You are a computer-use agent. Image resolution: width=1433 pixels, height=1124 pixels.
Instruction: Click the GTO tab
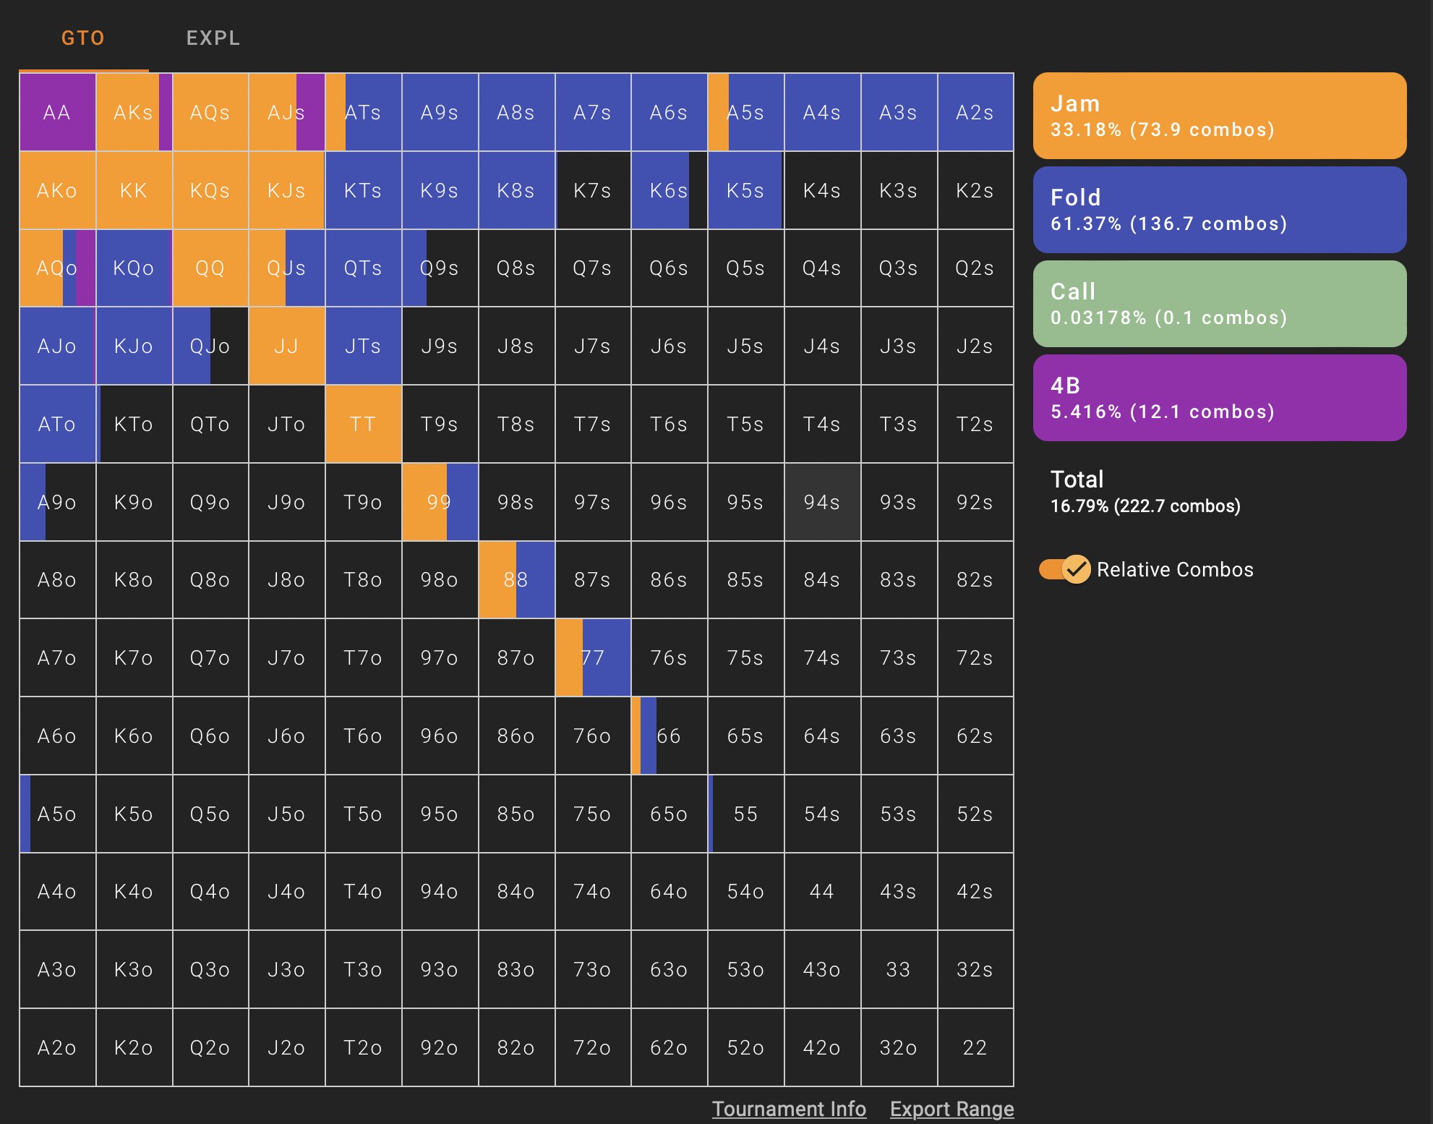83,38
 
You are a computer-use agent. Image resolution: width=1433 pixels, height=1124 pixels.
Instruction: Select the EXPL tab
213,38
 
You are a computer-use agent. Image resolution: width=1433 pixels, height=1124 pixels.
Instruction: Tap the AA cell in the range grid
57,113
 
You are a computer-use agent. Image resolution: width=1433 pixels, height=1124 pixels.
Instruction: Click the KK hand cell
134,191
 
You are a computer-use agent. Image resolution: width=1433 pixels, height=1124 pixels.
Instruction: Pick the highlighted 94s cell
822,502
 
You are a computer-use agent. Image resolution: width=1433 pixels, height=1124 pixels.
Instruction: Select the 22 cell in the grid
975,1047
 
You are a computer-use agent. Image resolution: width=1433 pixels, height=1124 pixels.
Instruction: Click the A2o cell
57,1047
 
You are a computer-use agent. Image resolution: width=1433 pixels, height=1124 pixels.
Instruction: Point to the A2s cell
975,113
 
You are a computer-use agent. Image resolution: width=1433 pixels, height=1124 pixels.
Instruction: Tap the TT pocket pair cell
363,424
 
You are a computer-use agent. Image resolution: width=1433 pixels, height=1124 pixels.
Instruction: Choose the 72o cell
592,1047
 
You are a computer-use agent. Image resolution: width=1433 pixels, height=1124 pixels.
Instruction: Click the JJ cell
286,346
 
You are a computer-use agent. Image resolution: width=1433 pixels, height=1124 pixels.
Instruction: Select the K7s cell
592,191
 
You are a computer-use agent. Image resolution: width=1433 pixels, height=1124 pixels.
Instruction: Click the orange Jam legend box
1219,116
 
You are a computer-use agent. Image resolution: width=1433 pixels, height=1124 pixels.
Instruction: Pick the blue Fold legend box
1219,210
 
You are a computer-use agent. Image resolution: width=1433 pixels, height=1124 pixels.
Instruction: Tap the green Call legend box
1219,304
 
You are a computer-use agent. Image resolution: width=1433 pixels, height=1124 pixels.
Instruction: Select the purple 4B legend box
1219,398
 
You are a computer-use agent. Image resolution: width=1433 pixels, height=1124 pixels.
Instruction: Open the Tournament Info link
789,1109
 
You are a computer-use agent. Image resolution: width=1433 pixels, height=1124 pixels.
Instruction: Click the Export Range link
951,1109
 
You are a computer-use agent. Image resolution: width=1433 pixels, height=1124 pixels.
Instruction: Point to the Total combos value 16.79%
1145,506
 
